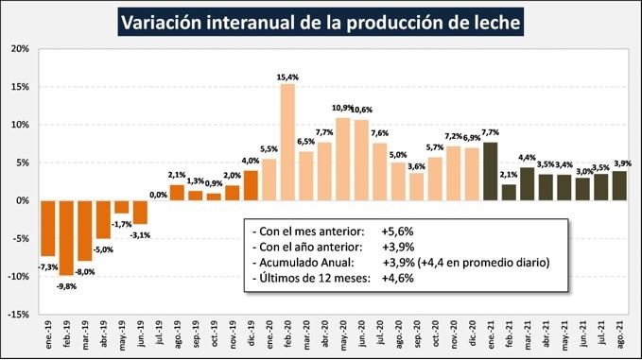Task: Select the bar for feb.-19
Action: click(66, 237)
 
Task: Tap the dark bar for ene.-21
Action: click(490, 171)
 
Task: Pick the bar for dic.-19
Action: click(251, 185)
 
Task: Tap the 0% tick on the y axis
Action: click(22, 200)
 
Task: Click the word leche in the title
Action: click(486, 21)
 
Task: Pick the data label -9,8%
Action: click(66, 285)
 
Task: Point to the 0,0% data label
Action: click(158, 194)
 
